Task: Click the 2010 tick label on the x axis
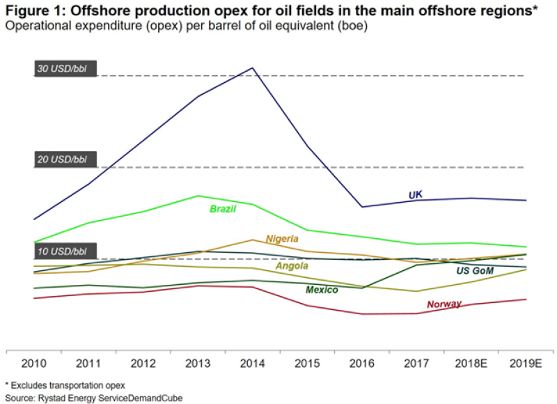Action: [x=33, y=364]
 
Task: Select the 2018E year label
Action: [x=471, y=364]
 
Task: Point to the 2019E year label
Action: [x=526, y=364]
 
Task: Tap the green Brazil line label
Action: [x=223, y=209]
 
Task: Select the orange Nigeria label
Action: [x=282, y=239]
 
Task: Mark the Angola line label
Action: [x=292, y=266]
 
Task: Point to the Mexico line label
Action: [x=322, y=290]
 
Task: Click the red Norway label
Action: [x=444, y=304]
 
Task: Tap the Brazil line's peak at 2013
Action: [x=198, y=196]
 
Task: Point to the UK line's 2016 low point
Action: [x=362, y=207]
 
